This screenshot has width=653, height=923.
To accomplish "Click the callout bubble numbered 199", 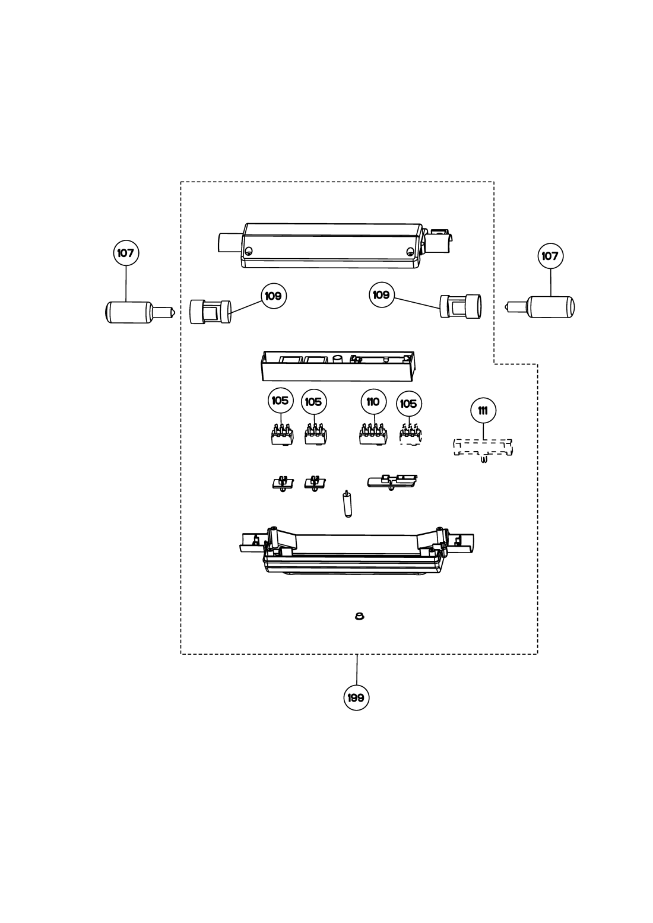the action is (x=356, y=697).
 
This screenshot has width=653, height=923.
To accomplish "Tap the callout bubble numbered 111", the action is (x=483, y=410).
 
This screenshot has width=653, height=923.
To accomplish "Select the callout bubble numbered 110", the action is (x=373, y=402).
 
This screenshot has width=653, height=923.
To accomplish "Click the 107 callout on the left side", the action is (x=126, y=253).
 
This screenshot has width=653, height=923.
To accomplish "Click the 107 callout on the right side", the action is (x=550, y=256).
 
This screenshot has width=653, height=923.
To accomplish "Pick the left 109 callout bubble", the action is (x=274, y=296).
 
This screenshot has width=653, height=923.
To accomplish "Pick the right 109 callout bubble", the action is (x=382, y=295).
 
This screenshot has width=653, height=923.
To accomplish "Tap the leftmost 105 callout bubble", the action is (x=281, y=401).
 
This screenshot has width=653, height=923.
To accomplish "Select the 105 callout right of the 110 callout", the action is (x=409, y=404).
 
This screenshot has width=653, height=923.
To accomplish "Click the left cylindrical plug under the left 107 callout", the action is (x=140, y=312).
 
